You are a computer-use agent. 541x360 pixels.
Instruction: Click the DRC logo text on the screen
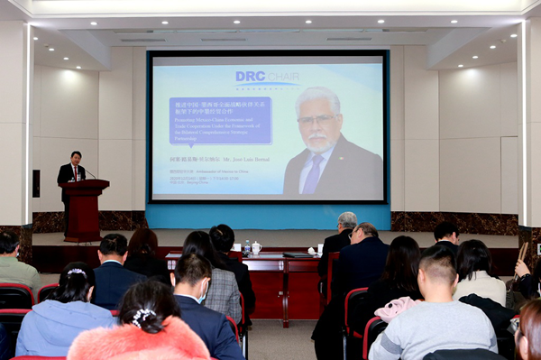point(269,78)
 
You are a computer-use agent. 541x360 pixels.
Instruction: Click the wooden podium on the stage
point(85,209)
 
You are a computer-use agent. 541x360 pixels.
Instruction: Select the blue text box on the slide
point(220,121)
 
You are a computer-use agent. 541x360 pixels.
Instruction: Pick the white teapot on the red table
point(256,248)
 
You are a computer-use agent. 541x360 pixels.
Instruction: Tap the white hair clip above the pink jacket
point(143,315)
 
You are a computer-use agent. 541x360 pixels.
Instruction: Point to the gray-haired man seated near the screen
point(341,236)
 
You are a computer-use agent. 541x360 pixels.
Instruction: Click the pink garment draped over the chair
point(397,309)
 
